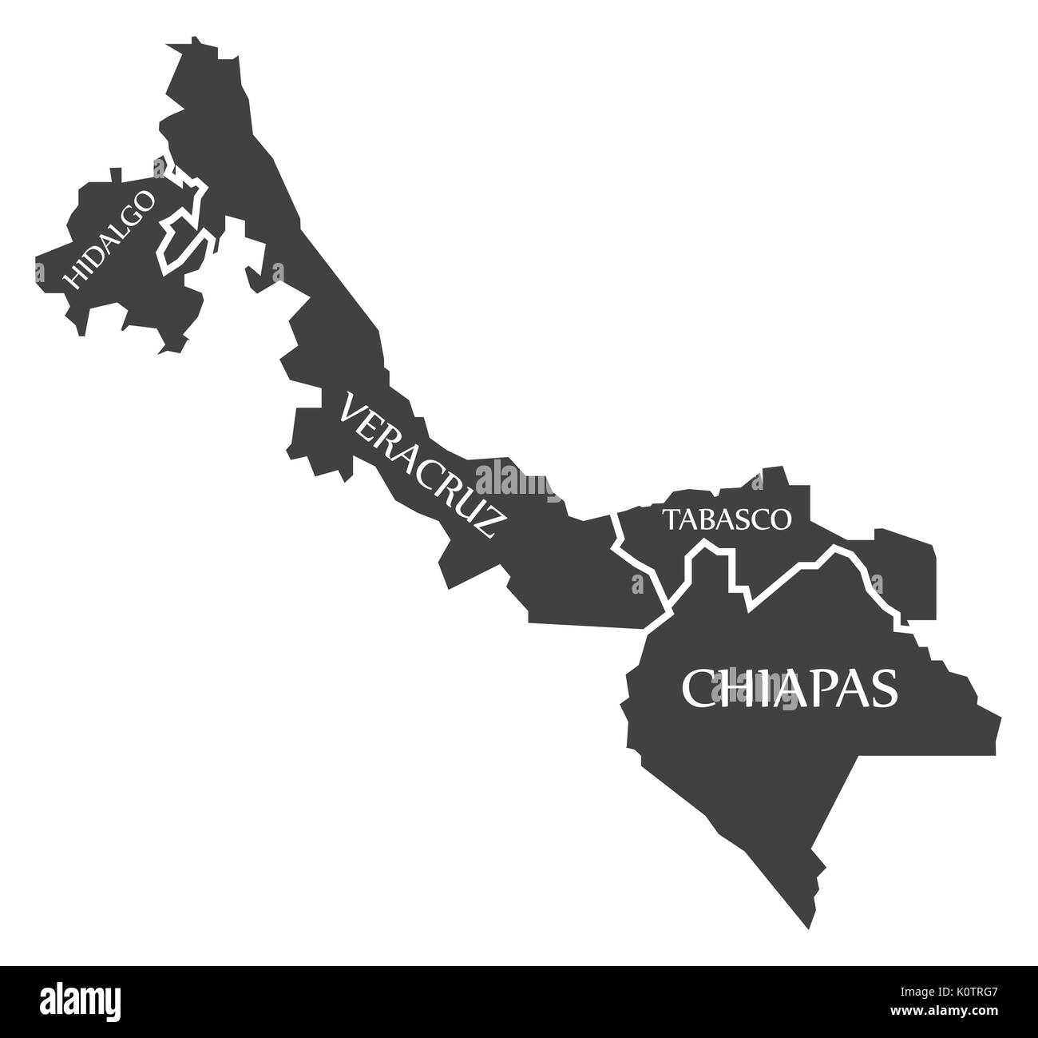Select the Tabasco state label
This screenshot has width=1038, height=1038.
tap(727, 519)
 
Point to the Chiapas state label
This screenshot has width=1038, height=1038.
tap(789, 688)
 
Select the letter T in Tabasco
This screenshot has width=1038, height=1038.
tap(668, 519)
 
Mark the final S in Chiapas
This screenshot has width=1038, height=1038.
tap(883, 688)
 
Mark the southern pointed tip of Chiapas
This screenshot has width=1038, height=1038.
tap(806, 928)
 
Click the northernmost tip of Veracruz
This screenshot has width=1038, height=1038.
tap(193, 38)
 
